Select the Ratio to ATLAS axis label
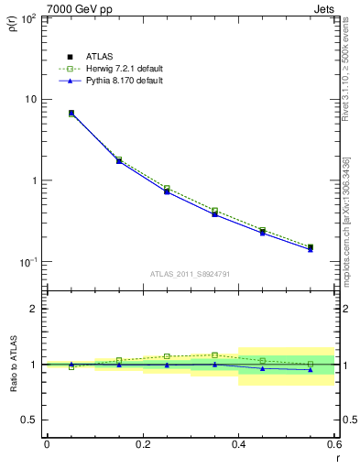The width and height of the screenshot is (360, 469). tap(13, 364)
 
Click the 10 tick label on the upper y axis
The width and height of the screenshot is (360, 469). tap(31, 99)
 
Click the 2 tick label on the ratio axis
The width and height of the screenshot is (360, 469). tap(37, 309)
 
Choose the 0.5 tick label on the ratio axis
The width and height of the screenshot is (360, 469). tap(32, 420)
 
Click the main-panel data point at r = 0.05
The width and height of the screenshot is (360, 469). tap(71, 114)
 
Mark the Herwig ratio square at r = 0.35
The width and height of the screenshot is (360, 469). tap(214, 354)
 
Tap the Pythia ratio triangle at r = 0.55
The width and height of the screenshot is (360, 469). tap(311, 370)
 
